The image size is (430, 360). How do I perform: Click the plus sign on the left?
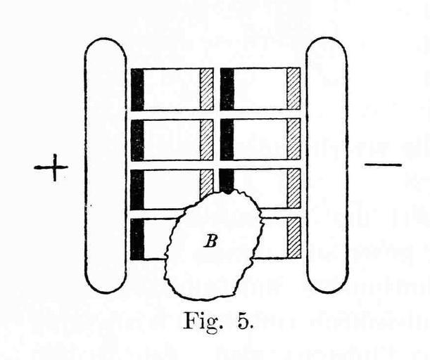51,167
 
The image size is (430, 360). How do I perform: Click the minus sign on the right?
383,165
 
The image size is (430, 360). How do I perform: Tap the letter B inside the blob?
210,241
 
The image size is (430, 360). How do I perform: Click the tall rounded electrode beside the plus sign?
106,165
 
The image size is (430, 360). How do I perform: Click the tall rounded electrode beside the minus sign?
327,165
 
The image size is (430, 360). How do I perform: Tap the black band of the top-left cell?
137,89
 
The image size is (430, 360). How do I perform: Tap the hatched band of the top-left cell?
207,89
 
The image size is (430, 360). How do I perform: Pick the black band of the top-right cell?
227,89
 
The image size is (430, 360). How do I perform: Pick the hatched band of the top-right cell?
293,89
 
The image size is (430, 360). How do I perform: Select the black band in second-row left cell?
137,141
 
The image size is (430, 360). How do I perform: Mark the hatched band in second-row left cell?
207,140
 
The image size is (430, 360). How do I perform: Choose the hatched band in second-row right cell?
293,140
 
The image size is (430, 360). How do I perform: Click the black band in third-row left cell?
137,190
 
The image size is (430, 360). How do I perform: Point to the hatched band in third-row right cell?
293,188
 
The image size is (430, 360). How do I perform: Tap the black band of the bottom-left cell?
137,239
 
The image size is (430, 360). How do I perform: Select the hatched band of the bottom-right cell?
294,238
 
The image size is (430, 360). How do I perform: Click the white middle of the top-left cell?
172,89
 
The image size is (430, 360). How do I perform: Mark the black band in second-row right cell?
227,140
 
